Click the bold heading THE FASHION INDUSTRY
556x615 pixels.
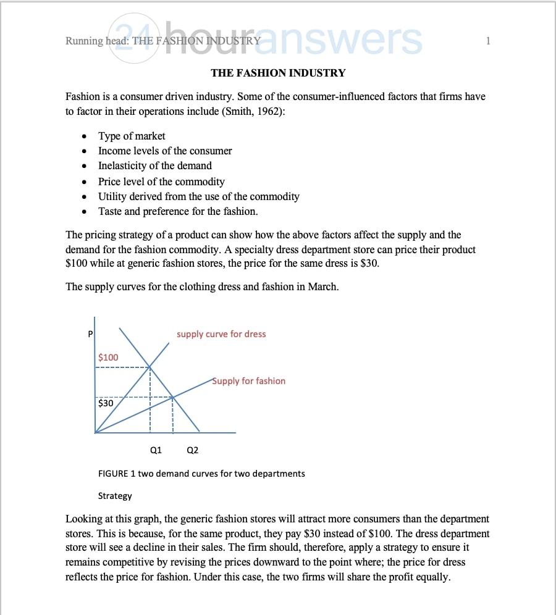click(x=278, y=73)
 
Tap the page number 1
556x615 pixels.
click(x=488, y=41)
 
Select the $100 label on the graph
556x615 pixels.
click(x=108, y=358)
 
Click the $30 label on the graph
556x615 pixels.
click(x=106, y=403)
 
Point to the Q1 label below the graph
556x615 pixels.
click(x=156, y=450)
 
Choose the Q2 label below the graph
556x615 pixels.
click(x=192, y=450)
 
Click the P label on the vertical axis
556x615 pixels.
click(x=90, y=334)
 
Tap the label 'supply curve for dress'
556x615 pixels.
click(x=221, y=334)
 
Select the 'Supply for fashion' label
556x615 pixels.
click(x=249, y=381)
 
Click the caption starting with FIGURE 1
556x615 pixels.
click(x=201, y=474)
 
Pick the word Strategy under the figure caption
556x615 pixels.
click(x=115, y=496)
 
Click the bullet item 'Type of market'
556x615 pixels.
click(x=132, y=136)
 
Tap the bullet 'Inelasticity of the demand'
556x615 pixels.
click(x=155, y=165)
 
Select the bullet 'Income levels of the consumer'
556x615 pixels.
click(x=165, y=151)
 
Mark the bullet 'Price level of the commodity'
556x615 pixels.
click(x=161, y=182)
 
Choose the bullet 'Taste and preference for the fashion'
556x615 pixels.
click(x=178, y=211)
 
